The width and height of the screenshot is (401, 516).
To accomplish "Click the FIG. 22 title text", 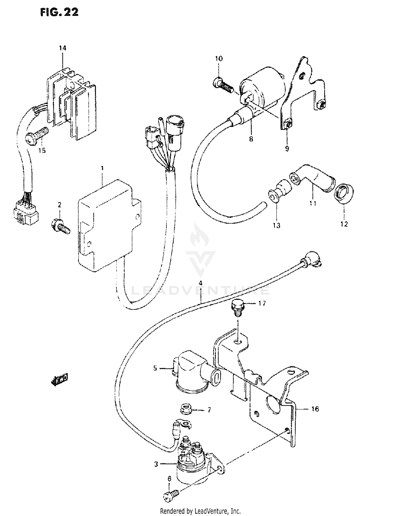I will point(59,12).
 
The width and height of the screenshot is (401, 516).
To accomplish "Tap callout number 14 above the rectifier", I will point(63,48).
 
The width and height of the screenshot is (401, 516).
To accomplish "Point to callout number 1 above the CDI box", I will point(102,168).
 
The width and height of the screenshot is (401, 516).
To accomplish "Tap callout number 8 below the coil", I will point(251,139).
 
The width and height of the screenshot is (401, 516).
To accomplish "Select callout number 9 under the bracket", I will point(287,149).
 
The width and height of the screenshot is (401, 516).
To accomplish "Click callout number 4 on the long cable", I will point(200,283).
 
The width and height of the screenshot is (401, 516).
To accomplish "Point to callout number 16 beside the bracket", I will point(315,409).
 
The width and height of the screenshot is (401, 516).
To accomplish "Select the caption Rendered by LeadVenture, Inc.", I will point(200,511).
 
